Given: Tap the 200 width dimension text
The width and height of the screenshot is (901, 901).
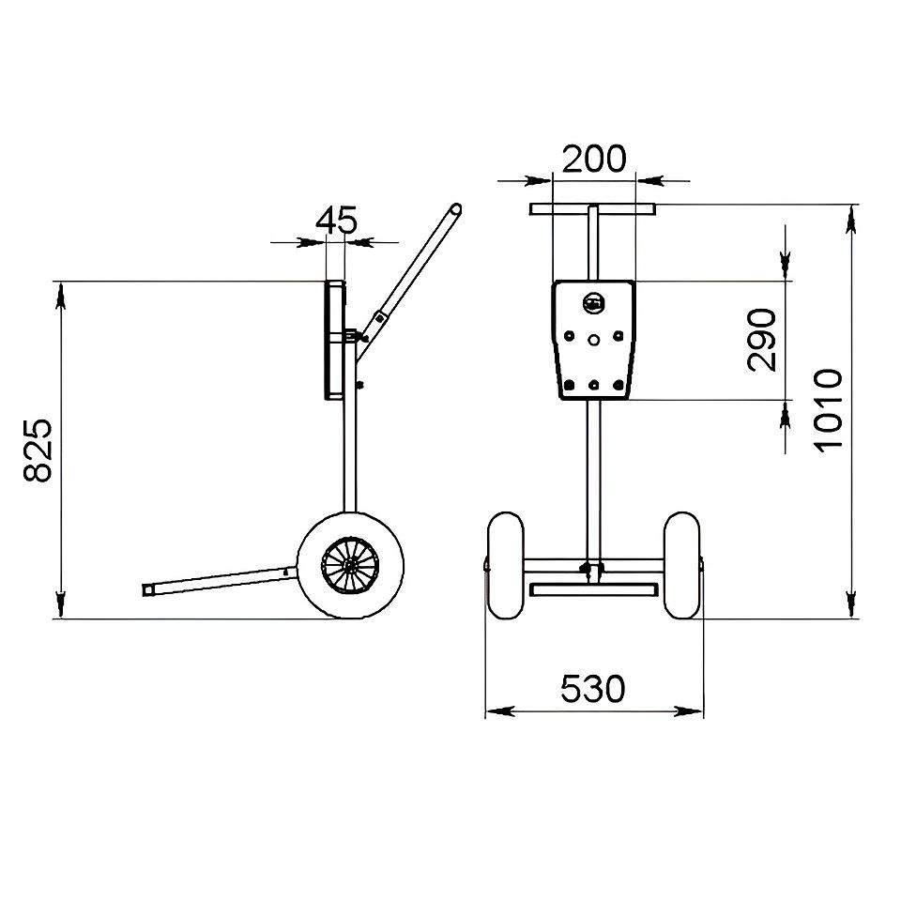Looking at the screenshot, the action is [593, 159].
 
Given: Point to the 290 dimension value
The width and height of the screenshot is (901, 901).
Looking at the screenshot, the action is [762, 340].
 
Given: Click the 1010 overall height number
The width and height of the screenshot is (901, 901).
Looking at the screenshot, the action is [829, 410].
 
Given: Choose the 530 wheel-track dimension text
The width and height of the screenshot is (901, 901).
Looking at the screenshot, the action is [592, 688].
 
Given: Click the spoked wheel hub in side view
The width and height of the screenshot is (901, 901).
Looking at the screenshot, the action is [349, 566].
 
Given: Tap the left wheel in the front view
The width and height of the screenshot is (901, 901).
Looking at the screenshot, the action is [506, 565].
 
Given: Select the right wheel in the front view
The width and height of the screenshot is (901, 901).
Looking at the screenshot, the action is [681, 565].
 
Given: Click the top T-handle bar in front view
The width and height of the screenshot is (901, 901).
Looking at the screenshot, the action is [592, 209].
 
